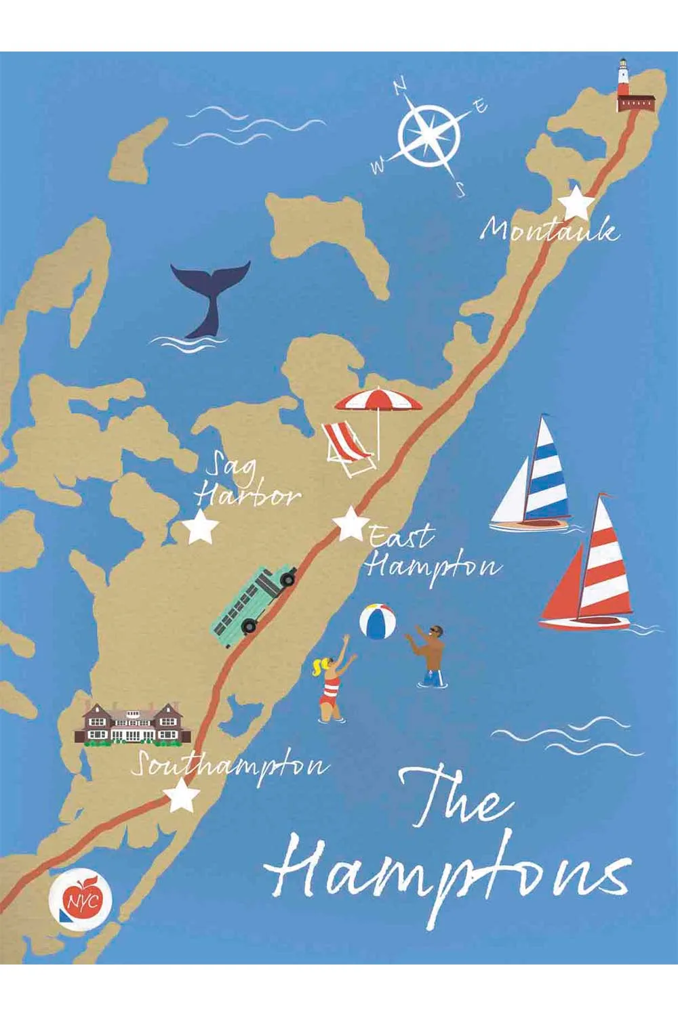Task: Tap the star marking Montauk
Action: coord(576,202)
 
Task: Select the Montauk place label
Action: coord(549,231)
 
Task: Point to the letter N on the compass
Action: coord(401,86)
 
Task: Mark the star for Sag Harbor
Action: coord(200,528)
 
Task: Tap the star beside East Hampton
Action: coord(350,524)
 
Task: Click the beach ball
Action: coord(378,621)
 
